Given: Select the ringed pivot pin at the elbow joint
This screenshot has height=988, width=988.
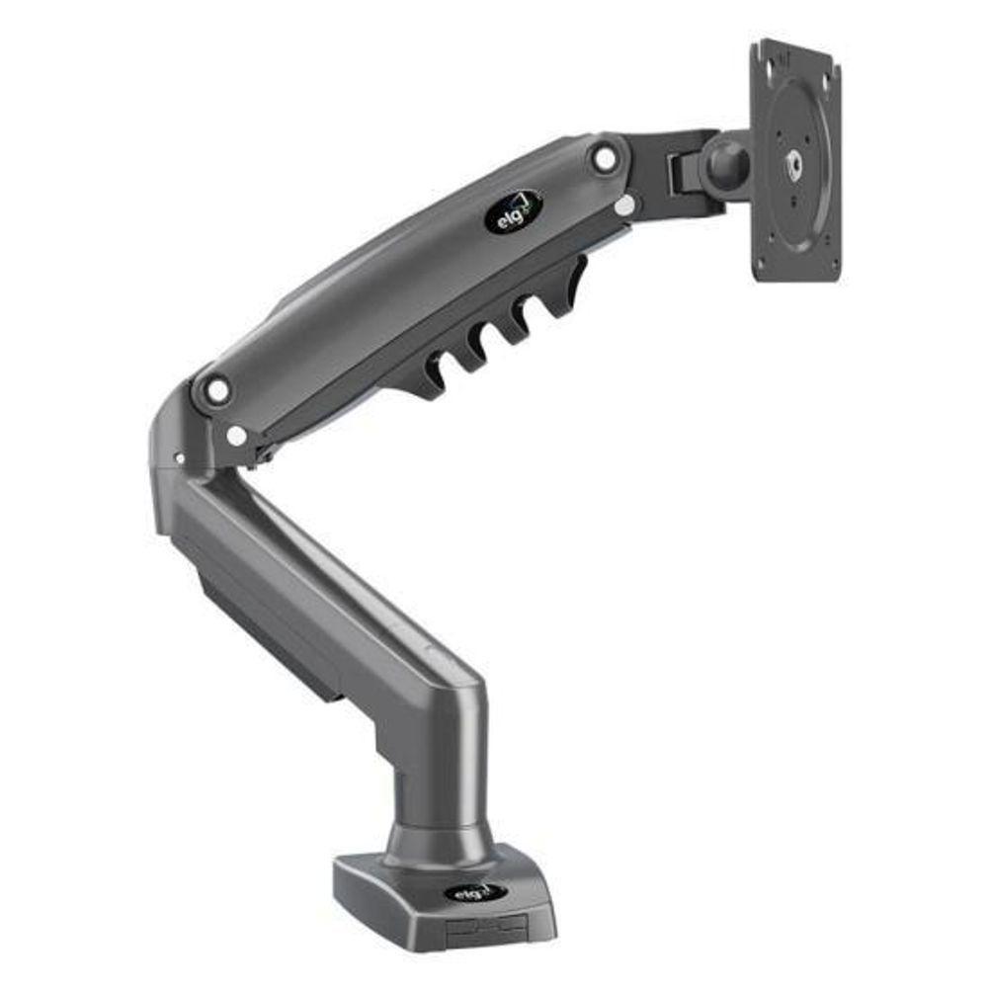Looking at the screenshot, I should (x=215, y=389).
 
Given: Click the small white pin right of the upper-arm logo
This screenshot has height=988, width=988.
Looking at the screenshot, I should (x=624, y=206).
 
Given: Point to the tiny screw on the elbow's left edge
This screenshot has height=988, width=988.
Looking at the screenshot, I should (x=180, y=458).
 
